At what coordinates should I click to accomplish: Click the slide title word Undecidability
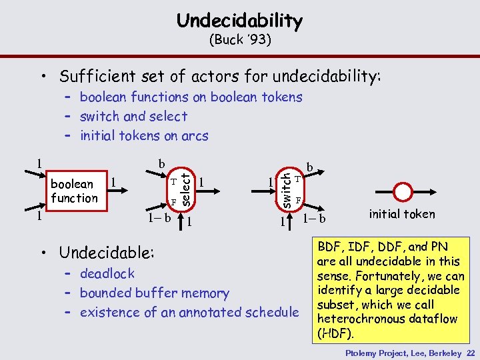pyautogui.click(x=239, y=21)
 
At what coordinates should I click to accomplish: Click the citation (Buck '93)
pyautogui.click(x=239, y=39)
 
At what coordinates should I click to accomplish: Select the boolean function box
pyautogui.click(x=74, y=191)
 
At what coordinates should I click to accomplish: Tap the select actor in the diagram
pyautogui.click(x=181, y=189)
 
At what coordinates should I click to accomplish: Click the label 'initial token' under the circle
pyautogui.click(x=401, y=214)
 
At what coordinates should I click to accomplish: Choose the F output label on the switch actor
pyautogui.click(x=299, y=201)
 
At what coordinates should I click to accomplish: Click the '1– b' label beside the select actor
pyautogui.click(x=159, y=217)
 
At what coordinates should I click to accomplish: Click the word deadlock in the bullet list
pyautogui.click(x=107, y=273)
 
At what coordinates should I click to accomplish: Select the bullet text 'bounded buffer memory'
pyautogui.click(x=154, y=293)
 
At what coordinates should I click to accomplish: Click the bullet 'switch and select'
pyautogui.click(x=133, y=116)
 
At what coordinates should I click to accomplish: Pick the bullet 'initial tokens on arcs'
pyautogui.click(x=143, y=135)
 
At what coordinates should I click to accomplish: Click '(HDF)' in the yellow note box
pyautogui.click(x=331, y=333)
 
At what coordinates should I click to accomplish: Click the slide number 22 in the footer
pyautogui.click(x=471, y=353)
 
